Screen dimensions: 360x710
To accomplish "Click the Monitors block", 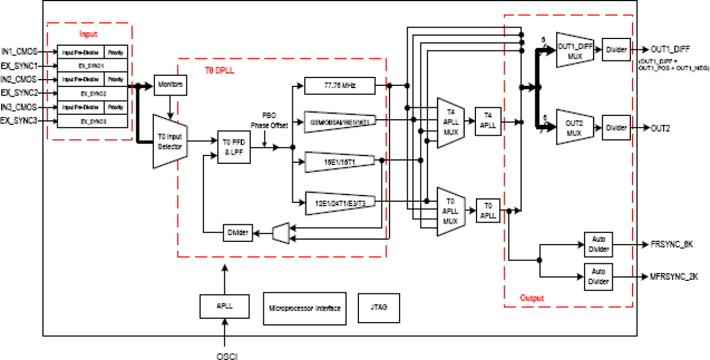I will [x=170, y=85].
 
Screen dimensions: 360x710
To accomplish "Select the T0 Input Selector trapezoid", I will [x=170, y=141].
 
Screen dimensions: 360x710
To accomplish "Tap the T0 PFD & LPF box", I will [x=233, y=147].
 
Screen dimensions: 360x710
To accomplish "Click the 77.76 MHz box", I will [x=339, y=85].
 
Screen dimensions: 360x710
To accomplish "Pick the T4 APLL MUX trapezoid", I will [x=451, y=123].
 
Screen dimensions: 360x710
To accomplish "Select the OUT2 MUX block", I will [x=574, y=128].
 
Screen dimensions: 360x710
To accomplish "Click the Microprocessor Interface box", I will [x=304, y=308].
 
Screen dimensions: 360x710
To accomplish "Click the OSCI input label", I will [x=226, y=355].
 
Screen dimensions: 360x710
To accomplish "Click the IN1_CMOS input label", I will [x=19, y=51].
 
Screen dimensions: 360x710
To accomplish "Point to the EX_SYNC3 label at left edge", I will [x=19, y=120].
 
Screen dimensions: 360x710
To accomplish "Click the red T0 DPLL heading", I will [x=219, y=71].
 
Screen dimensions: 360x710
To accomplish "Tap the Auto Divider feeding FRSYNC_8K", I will [x=598, y=245].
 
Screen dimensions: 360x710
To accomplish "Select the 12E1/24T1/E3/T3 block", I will [x=340, y=202].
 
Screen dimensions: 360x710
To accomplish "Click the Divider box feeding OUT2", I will [x=616, y=128].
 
